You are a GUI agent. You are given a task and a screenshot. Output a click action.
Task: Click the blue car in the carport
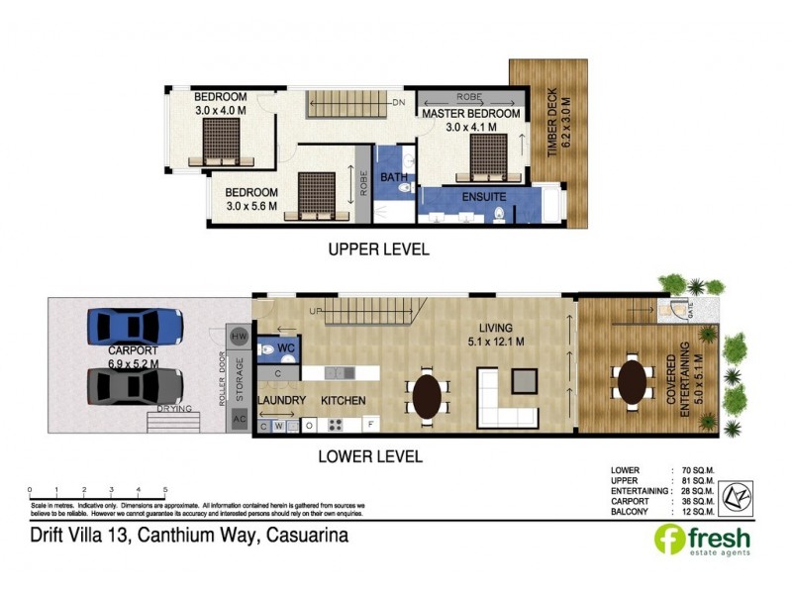[135, 325]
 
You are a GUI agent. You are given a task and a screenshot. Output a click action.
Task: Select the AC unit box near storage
[238, 419]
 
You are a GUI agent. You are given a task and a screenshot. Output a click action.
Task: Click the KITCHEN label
[343, 401]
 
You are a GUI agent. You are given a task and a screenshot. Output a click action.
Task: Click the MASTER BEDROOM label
[470, 114]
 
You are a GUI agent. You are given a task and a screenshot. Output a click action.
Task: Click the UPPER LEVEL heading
[378, 249]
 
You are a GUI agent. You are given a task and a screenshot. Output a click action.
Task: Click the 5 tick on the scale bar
[165, 491]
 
